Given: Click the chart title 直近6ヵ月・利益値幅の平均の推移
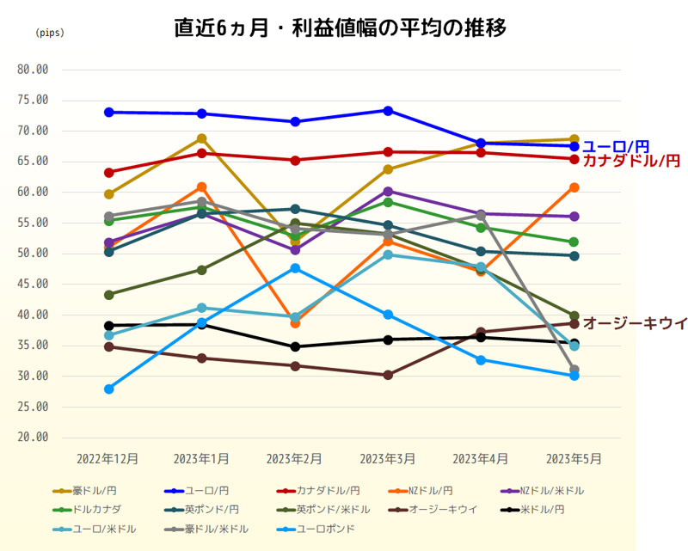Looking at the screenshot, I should point(341,28).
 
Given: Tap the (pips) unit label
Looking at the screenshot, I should point(49,34).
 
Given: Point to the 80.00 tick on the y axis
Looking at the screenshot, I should point(34,70).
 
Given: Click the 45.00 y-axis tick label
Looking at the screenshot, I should point(34,284).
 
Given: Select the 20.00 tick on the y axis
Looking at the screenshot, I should point(34,437).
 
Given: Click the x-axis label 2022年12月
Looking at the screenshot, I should point(107,459).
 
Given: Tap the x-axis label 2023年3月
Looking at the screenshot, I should point(387,459).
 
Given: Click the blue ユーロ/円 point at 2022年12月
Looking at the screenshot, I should point(108,112).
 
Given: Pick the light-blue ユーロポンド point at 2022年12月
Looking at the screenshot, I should point(108,389).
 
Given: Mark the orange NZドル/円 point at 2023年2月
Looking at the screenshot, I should point(295,323).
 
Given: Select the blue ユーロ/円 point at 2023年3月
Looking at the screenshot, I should point(388,110).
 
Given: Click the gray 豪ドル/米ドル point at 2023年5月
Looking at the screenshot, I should point(574,370).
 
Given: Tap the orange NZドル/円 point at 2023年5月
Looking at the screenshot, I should point(574,187).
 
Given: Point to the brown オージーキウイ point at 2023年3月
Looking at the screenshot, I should point(388,375).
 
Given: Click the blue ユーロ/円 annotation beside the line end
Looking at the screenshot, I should point(616,147).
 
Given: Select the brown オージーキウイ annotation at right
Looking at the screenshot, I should point(635,323).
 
